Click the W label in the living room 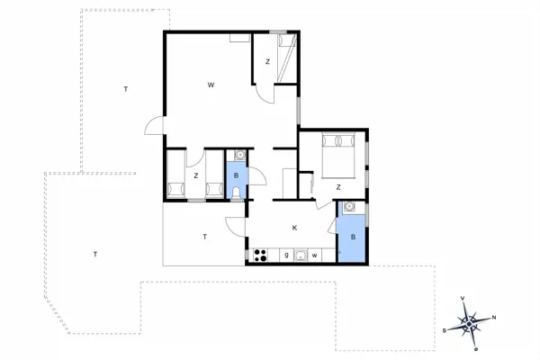211,85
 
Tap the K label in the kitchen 294,228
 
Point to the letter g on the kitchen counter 286,256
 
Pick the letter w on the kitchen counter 315,256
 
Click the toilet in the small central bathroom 237,193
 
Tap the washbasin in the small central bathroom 236,156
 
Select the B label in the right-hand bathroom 354,237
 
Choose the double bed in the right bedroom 340,154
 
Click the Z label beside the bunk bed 267,61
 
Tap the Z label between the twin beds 195,175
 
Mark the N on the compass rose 494,317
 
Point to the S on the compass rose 445,330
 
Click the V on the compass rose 462,298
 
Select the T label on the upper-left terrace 126,88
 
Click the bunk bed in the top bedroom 286,58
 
